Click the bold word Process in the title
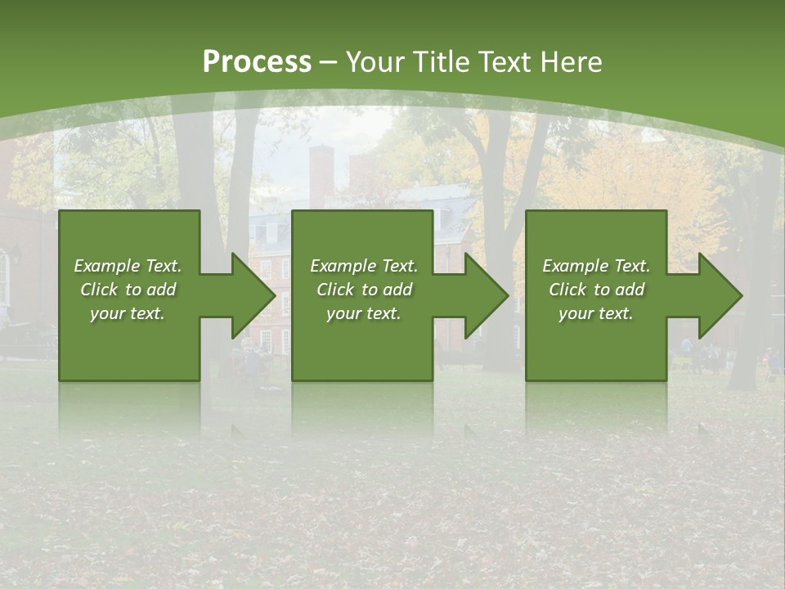257,62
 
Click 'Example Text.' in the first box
128,266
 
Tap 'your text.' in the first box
128,313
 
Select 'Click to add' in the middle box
364,290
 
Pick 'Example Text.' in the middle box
364,266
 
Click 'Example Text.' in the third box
596,266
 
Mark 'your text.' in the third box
596,313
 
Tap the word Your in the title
375,62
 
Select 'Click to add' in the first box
128,290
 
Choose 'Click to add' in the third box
596,290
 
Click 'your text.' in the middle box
364,313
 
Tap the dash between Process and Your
329,62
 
